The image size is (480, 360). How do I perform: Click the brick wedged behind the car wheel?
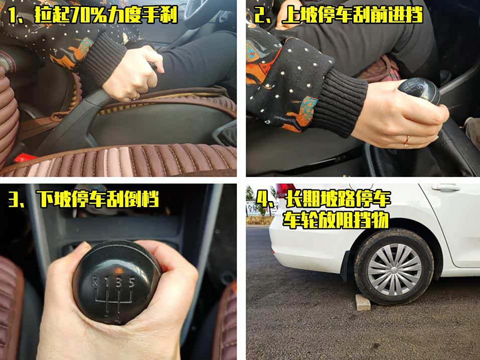point(363,302)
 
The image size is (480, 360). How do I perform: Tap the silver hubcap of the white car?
point(394,269)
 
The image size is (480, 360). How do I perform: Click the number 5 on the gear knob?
point(131,282)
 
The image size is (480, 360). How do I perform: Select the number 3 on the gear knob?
point(119,282)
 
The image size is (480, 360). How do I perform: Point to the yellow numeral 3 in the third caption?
point(14,199)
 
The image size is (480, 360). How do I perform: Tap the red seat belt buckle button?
point(25,158)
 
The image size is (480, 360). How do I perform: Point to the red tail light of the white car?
point(285,190)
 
